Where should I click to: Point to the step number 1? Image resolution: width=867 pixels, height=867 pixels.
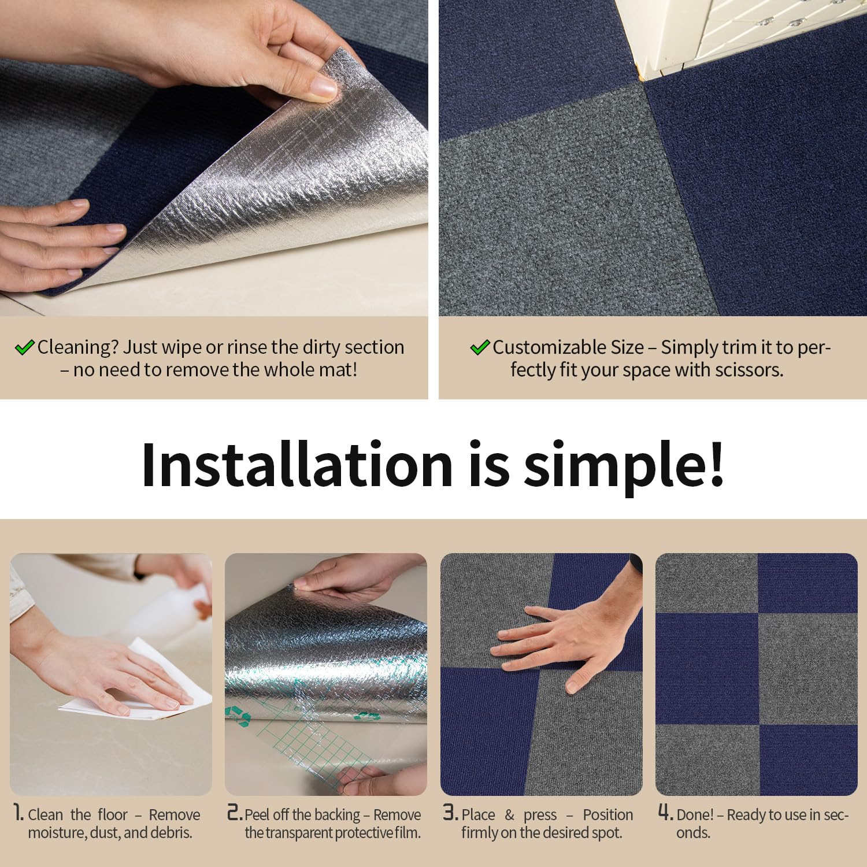point(18,813)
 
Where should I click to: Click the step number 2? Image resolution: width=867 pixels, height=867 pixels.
point(235,813)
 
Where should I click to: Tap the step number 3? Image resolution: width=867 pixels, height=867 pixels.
point(451,813)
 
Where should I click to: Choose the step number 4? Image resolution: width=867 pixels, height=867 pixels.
point(666,813)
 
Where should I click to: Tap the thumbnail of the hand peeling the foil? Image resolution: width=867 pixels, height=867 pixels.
point(326,674)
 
